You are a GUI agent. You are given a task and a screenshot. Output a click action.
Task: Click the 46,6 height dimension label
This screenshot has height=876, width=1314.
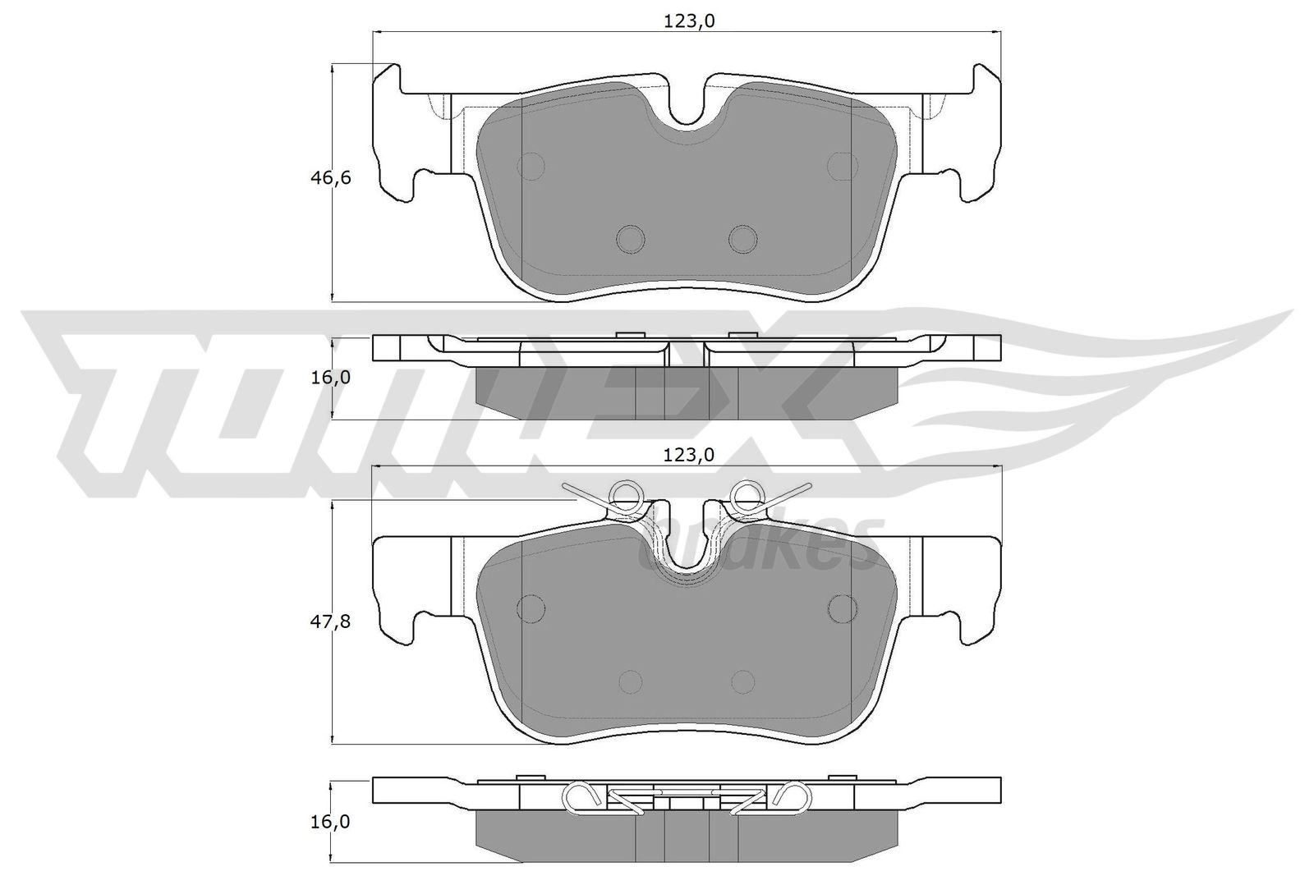pyautogui.click(x=330, y=177)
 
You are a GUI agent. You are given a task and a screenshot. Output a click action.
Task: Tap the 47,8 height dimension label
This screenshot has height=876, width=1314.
pyautogui.click(x=330, y=621)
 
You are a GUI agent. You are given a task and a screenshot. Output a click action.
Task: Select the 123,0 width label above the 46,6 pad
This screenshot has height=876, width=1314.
pyautogui.click(x=689, y=21)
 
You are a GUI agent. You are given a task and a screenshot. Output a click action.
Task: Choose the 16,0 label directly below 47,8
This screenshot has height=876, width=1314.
pyautogui.click(x=330, y=822)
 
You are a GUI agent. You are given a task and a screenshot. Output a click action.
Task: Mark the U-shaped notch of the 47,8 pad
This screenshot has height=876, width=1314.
pyautogui.click(x=687, y=551)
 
